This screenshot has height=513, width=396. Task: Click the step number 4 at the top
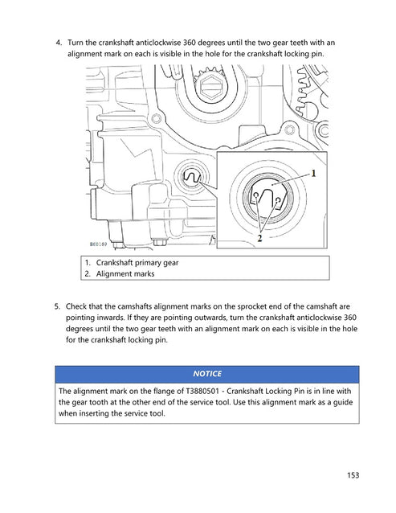click(58, 42)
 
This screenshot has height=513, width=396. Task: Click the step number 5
click(58, 306)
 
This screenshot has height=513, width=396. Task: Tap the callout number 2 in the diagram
click(260, 238)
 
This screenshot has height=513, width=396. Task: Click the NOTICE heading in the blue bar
click(208, 374)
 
